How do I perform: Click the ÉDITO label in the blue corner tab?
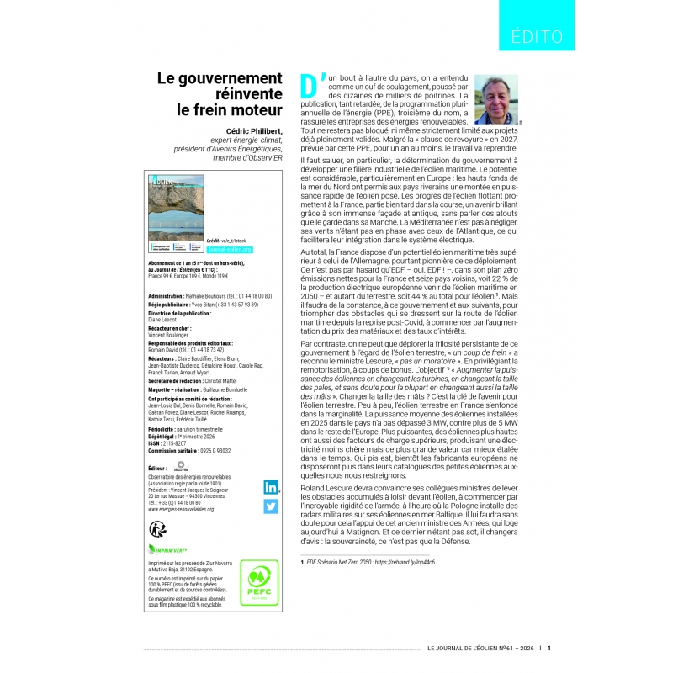(537, 36)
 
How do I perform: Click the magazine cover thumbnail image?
(176, 209)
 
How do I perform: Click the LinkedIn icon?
(272, 486)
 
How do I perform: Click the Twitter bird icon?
(272, 506)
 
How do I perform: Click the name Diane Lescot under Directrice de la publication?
(164, 318)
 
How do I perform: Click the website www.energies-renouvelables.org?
(180, 509)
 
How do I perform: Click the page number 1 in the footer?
(549, 648)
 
